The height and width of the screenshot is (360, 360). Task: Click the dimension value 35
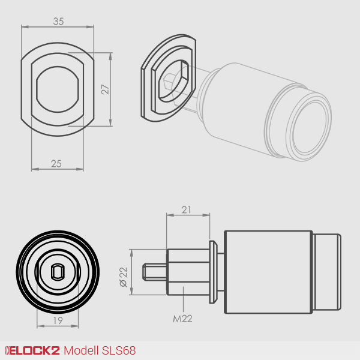pos(58,21)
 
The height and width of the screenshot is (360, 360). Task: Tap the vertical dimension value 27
pos(104,89)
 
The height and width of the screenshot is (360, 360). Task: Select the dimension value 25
pos(56,163)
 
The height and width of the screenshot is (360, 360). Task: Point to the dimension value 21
pos(186,209)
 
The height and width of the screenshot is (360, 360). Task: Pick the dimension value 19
pos(58,320)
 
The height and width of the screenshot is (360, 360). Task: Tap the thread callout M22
pos(182,319)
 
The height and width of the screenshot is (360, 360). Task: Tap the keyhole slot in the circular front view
pos(58,272)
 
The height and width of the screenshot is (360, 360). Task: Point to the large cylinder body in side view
pos(268,272)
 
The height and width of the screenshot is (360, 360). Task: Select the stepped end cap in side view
pos(326,272)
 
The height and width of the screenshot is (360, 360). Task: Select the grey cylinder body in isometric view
pos(240,102)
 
